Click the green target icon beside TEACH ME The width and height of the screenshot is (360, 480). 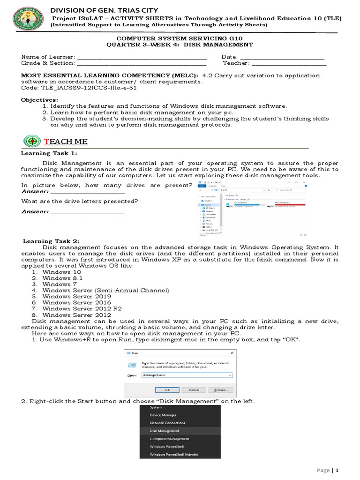[x=31, y=141]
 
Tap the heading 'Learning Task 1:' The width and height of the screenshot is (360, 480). [x=49, y=153]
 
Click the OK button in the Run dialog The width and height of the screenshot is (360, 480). [x=167, y=390]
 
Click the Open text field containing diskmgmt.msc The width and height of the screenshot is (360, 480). [x=187, y=375]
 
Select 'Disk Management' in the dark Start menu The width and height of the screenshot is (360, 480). [x=165, y=431]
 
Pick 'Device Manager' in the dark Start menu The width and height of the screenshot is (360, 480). [x=163, y=415]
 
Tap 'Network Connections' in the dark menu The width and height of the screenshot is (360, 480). [x=167, y=423]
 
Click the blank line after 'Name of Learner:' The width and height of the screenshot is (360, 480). [x=141, y=57]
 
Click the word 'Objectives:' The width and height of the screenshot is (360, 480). [x=40, y=100]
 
